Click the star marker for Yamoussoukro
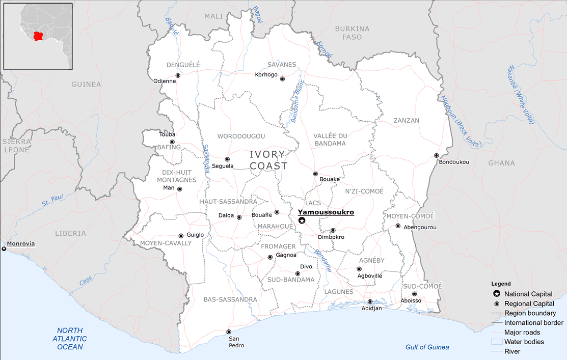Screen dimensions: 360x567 click(x=302, y=220)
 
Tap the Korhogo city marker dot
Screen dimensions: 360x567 click(x=282, y=79)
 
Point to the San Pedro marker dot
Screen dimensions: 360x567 click(x=229, y=332)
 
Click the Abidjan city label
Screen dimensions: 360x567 click(x=371, y=309)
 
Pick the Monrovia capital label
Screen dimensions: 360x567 click(x=21, y=243)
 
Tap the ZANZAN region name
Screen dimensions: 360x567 click(x=407, y=121)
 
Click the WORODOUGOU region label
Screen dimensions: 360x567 click(x=241, y=136)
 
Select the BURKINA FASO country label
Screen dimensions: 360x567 click(x=352, y=33)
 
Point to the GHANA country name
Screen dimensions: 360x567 click(x=501, y=163)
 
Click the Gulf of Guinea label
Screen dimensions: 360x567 click(x=427, y=347)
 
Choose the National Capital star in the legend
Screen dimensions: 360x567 click(x=496, y=294)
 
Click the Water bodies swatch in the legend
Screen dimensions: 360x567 click(x=497, y=342)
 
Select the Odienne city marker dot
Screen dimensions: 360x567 click(x=178, y=75)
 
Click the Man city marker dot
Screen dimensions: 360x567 click(x=179, y=189)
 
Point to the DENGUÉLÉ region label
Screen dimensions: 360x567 click(x=183, y=65)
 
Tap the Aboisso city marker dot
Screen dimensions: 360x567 click(x=414, y=294)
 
